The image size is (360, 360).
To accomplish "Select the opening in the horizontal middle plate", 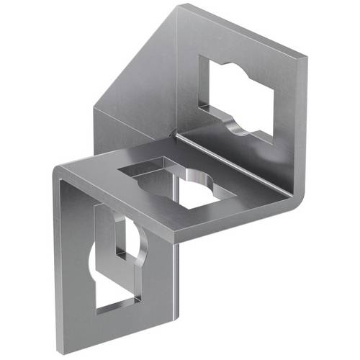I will [180, 184].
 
